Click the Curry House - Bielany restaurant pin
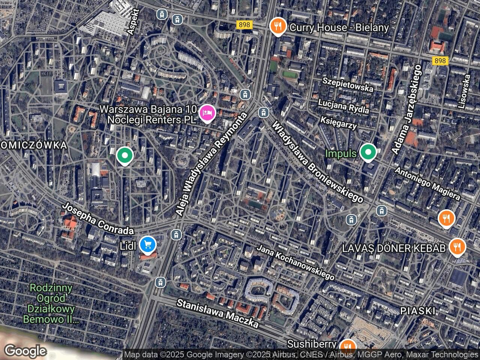coord(277,27)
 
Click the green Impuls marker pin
coord(368,153)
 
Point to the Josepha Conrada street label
coord(97,219)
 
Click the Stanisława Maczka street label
coord(217,313)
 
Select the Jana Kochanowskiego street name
coord(295,262)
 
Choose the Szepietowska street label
coord(348,85)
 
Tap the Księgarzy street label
coord(338,123)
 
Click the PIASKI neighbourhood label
coord(417,311)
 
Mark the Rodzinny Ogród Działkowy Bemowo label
coord(51,304)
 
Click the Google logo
coord(25,351)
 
